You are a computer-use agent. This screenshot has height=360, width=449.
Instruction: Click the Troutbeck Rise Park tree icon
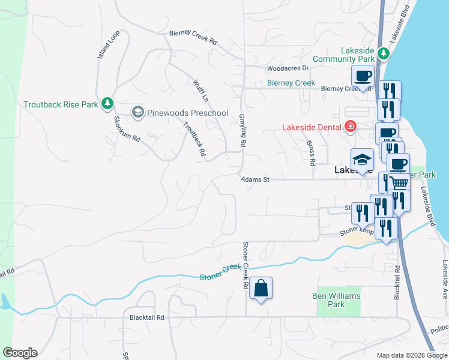(x=107, y=104)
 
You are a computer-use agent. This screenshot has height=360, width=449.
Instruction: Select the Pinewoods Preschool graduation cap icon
(x=138, y=112)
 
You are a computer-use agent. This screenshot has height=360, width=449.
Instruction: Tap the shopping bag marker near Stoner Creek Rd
(x=261, y=289)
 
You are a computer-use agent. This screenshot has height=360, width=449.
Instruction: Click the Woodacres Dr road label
(x=288, y=68)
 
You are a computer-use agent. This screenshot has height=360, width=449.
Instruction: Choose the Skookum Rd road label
(x=127, y=128)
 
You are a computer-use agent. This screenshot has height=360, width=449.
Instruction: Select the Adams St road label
(x=256, y=179)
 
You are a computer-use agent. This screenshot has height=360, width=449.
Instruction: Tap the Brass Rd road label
(x=311, y=153)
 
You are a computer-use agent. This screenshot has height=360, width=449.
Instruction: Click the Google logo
(x=20, y=353)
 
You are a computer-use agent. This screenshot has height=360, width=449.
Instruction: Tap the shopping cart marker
(x=399, y=183)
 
